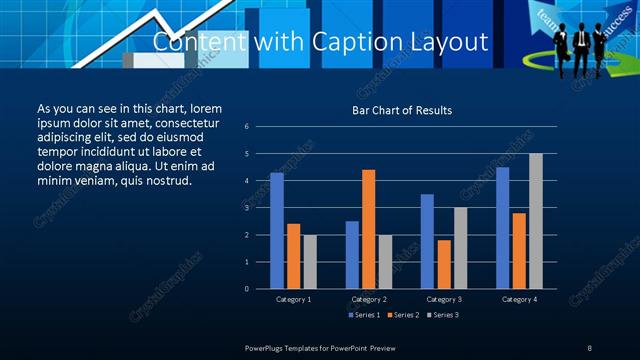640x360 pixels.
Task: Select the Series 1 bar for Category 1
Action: pyautogui.click(x=277, y=230)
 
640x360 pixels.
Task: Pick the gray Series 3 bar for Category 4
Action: pyautogui.click(x=536, y=221)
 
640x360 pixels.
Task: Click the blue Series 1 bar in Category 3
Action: pyautogui.click(x=427, y=241)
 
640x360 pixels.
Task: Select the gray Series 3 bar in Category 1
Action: pyautogui.click(x=310, y=261)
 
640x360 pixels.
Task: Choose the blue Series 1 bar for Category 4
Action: pyautogui.click(x=502, y=227)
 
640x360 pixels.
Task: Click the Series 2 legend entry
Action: pyautogui.click(x=402, y=315)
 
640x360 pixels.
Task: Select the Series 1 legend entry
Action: pyautogui.click(x=362, y=315)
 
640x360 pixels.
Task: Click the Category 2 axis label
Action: pyautogui.click(x=369, y=299)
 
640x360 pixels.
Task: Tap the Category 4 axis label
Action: pyautogui.click(x=519, y=299)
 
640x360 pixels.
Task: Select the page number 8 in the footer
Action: pyautogui.click(x=590, y=347)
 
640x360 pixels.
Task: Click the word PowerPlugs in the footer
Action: pyautogui.click(x=268, y=347)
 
